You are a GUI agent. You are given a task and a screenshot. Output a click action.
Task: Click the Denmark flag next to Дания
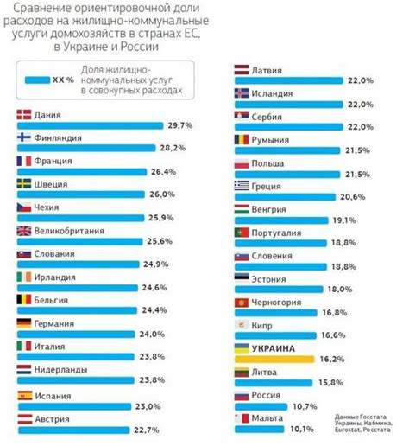coord(24,113)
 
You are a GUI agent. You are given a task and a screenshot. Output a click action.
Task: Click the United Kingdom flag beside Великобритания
coord(24,230)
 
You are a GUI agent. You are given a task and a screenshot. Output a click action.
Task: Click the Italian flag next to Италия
coord(24,346)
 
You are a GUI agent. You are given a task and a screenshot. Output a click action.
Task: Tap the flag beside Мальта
coord(242,417)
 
